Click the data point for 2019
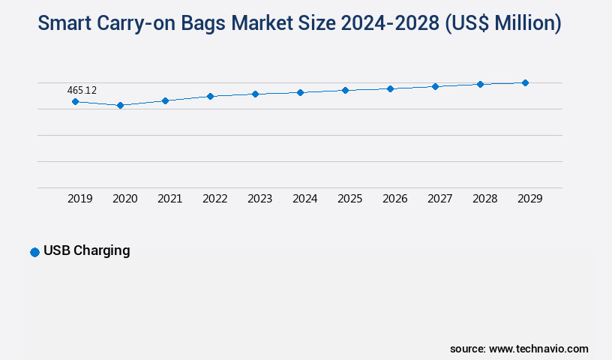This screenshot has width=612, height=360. [x=75, y=101]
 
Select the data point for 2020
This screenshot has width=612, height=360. [x=120, y=105]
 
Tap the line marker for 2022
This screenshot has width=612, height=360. [x=210, y=96]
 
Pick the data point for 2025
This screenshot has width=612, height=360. [x=345, y=90]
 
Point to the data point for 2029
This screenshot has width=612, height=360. [x=525, y=82]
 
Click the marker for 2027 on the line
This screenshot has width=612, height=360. [x=435, y=86]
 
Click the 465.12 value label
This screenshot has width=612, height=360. [x=82, y=90]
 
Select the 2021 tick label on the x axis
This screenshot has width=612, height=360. [x=169, y=199]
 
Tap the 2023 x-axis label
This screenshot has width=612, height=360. [x=259, y=199]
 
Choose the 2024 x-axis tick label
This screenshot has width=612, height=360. [x=304, y=199]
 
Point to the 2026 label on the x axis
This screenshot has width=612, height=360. [x=394, y=199]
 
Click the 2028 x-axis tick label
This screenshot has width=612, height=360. [x=484, y=199]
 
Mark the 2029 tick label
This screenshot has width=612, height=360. [x=529, y=199]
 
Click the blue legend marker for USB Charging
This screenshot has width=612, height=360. [x=34, y=252]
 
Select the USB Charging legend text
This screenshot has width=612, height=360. [x=86, y=250]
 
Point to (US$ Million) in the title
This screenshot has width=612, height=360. [x=503, y=23]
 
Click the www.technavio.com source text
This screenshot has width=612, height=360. [x=538, y=349]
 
